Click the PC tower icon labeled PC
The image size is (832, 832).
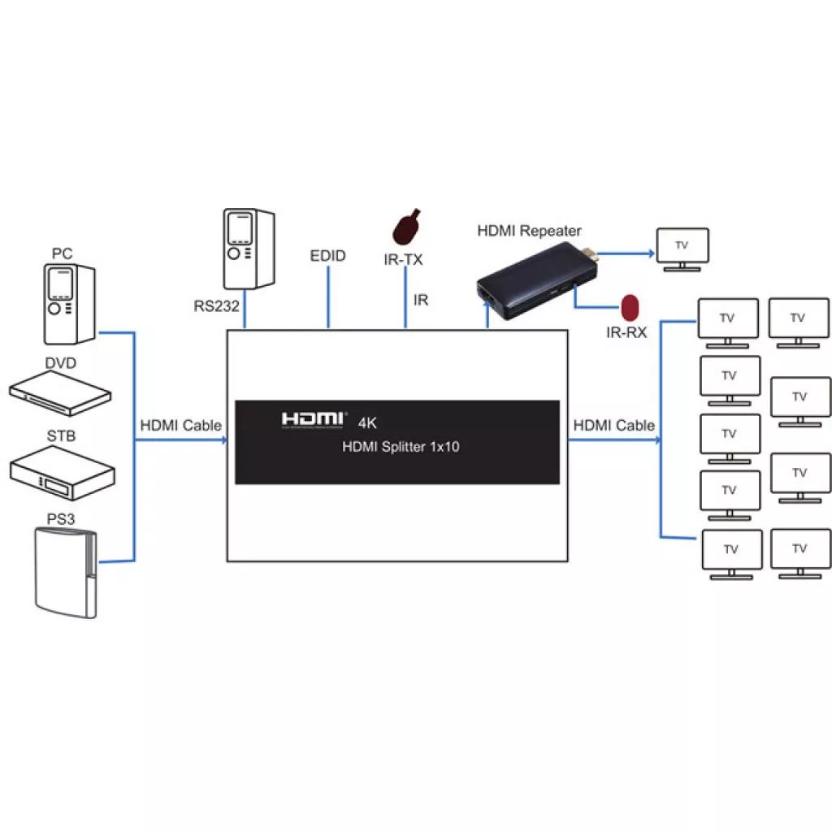coord(69,304)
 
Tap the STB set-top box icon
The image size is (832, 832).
coord(62,473)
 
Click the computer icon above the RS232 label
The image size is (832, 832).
coord(248,249)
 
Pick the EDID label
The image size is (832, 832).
coord(328,256)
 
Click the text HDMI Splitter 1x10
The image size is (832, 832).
coord(401,447)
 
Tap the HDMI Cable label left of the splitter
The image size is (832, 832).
coord(180,425)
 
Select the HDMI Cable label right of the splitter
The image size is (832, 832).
coord(613,425)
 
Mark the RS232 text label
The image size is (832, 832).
coord(214,306)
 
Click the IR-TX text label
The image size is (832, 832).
coord(403,260)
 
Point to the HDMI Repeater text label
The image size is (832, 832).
coord(529,231)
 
